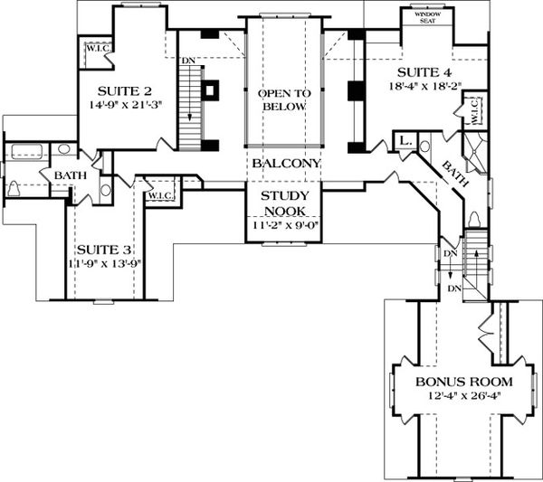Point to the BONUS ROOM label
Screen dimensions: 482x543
(x=459, y=381)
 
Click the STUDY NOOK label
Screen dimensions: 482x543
(x=285, y=203)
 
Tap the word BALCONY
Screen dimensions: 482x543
(x=285, y=164)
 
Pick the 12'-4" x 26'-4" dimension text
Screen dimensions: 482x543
(x=459, y=395)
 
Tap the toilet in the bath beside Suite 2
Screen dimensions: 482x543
(x=15, y=188)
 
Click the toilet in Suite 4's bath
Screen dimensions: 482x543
(x=474, y=220)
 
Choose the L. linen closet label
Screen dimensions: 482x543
(x=403, y=143)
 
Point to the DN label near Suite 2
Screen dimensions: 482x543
(x=188, y=61)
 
